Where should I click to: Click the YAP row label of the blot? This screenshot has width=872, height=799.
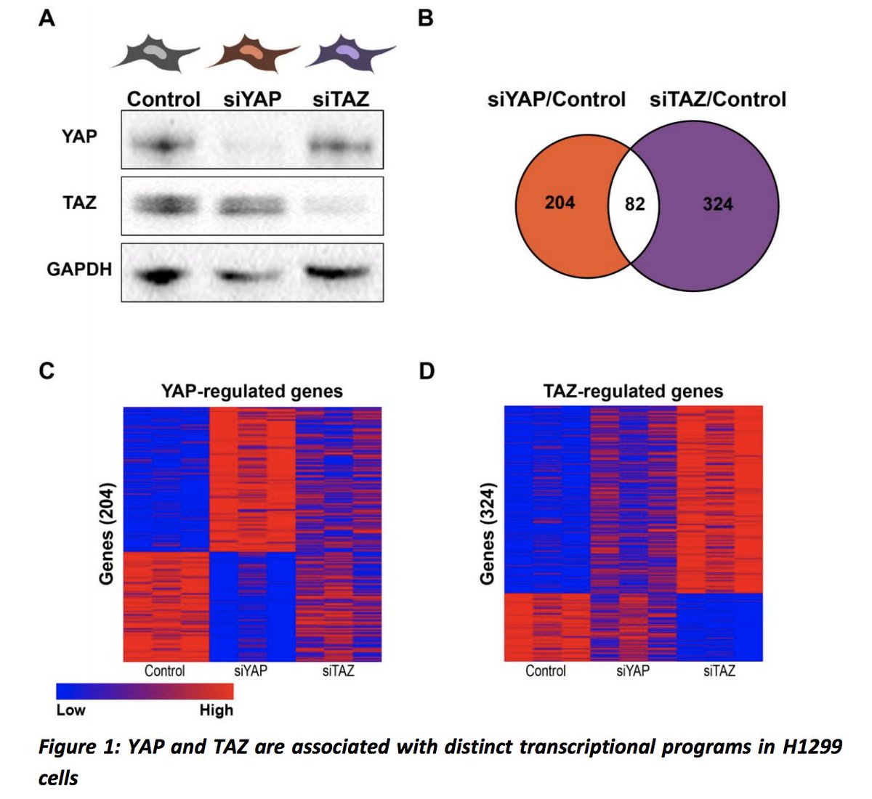79,137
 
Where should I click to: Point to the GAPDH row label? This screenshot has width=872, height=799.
79,269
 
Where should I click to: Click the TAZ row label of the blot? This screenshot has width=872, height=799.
79,202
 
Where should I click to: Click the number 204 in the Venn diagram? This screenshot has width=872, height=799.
560,203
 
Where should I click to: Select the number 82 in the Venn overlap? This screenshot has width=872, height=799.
634,205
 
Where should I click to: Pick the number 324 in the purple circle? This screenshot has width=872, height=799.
717,205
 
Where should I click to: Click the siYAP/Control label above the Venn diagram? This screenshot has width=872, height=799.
556,99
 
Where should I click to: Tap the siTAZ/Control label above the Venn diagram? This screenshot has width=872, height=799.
717,99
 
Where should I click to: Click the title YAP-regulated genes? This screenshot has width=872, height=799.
251,392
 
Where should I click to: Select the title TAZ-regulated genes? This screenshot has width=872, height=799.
633,392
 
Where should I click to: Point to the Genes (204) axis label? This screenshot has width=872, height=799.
107,534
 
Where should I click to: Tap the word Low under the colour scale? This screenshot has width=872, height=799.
70,710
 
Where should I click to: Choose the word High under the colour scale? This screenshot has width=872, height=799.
216,710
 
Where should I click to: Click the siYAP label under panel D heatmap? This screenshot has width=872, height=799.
633,671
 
